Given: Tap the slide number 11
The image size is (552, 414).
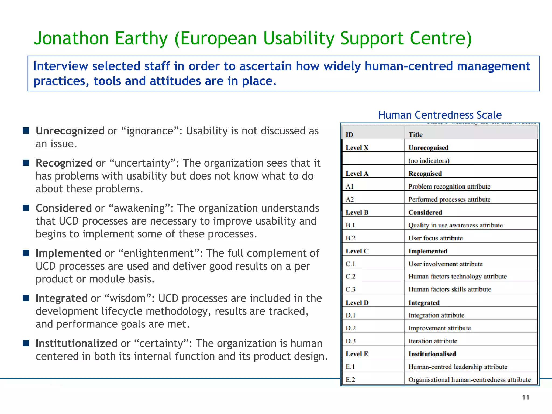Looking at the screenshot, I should pos(526,397).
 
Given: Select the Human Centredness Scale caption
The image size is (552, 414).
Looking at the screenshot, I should pos(440,115).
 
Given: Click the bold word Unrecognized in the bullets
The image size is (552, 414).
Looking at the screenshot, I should pos(70,131).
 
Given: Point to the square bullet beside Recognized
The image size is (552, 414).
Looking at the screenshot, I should pos(26,163).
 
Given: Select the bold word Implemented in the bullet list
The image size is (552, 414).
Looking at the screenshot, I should pos(68,253).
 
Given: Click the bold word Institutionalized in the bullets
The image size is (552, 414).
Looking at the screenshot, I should pos(77,344).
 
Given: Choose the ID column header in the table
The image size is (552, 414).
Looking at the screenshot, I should pos(349,135).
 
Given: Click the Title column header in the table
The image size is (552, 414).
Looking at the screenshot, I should pos(415,135).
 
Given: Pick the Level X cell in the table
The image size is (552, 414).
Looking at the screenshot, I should pos(357,148).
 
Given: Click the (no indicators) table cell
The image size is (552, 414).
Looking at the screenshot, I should pos(429,161).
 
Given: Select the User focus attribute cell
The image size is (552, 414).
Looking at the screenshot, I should pos(436,238).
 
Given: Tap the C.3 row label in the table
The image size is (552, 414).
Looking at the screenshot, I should pos(350,289).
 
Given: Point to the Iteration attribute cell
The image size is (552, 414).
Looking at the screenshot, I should pos(433,341).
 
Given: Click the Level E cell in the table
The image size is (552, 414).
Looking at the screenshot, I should pos(357,354).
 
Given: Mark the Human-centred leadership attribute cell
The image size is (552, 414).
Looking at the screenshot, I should pos(458,367).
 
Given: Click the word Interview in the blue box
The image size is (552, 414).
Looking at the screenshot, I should pos(61,66).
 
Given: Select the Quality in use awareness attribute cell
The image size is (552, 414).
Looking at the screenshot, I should pos(456,225).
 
